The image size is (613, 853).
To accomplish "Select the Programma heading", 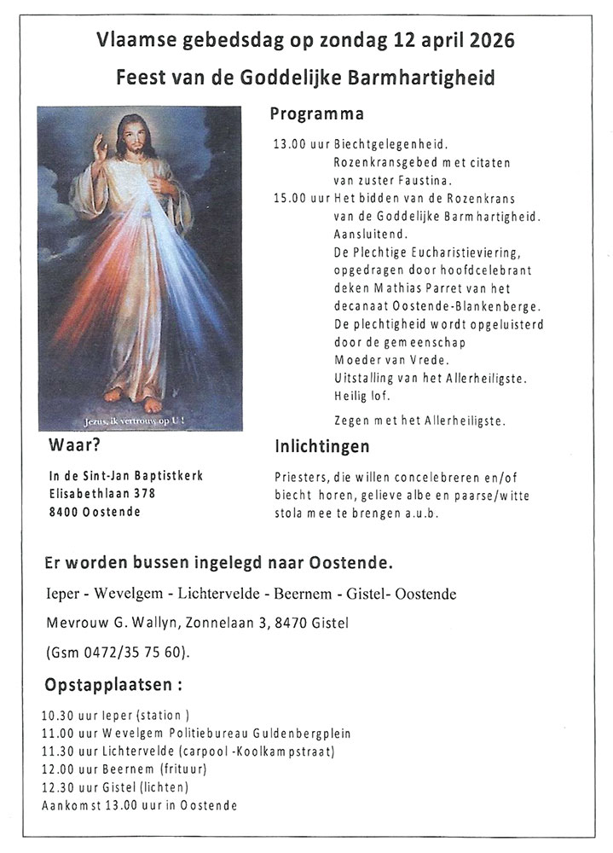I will pyautogui.click(x=316, y=113).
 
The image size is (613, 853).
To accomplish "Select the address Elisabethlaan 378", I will pyautogui.click(x=102, y=494).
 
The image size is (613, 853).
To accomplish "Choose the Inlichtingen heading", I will pyautogui.click(x=321, y=446).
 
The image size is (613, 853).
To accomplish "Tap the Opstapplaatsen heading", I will pyautogui.click(x=112, y=685).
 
